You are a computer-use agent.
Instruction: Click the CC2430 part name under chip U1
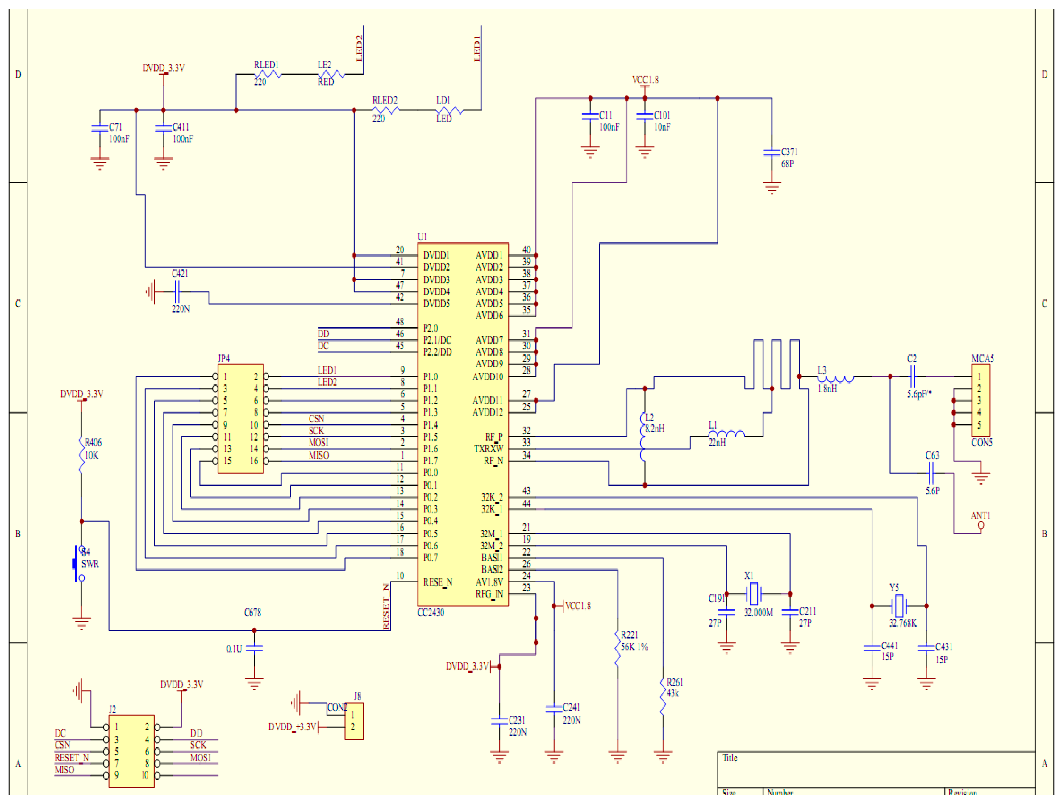431,612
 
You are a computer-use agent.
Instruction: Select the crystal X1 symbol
754,594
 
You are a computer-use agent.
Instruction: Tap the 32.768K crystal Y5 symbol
899,606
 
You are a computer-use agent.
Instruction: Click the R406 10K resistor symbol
82,455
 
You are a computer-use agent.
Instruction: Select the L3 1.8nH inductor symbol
836,379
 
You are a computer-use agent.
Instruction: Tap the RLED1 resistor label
266,64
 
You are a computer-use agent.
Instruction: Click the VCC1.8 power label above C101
645,80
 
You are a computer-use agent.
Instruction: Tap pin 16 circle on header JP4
266,461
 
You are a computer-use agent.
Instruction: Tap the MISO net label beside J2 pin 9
64,770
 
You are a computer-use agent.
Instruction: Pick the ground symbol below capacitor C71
100,164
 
